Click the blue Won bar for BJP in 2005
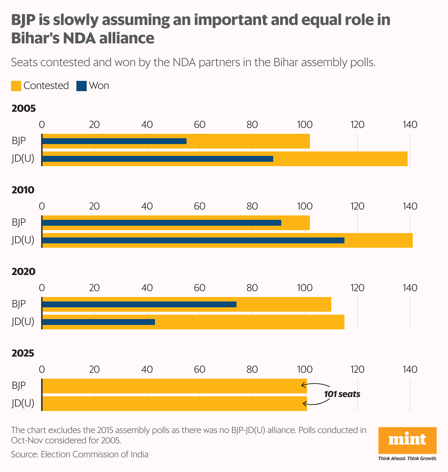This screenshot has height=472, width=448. [x=114, y=141]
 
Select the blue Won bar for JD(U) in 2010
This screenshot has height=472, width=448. [x=193, y=240]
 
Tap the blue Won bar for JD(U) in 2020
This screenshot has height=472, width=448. [x=98, y=322]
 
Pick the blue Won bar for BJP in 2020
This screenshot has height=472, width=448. [x=139, y=304]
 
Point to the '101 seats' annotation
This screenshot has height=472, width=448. [x=342, y=394]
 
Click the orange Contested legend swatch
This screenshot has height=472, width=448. [x=16, y=86]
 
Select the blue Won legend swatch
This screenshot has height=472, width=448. [x=81, y=86]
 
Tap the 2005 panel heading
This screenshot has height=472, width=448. [x=24, y=108]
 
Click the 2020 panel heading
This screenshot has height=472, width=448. [x=24, y=272]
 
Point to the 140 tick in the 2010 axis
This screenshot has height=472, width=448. [x=410, y=206]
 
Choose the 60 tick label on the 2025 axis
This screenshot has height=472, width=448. [x=199, y=369]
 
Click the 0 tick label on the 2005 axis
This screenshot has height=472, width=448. [x=42, y=125]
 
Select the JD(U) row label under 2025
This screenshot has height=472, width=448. [x=23, y=403]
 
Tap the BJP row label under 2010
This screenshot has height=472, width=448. [x=19, y=222]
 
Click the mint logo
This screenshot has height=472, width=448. [x=407, y=440]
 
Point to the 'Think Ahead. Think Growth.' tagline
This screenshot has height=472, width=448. [x=407, y=458]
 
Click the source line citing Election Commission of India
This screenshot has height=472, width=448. [x=80, y=454]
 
